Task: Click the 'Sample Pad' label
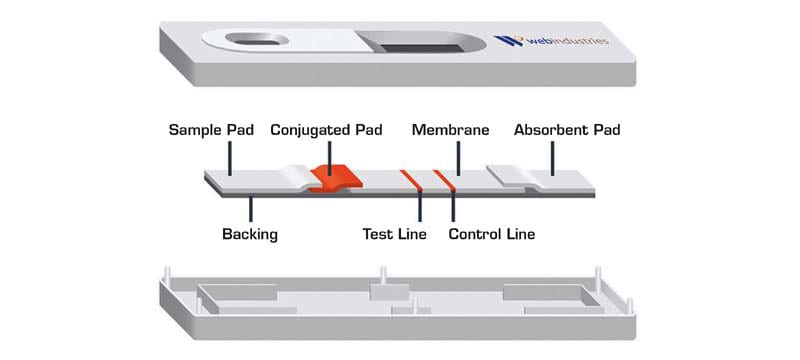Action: click(211, 130)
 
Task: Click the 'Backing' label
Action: click(249, 235)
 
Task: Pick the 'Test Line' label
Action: click(394, 235)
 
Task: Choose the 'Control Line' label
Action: click(492, 235)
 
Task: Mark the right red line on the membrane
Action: click(441, 181)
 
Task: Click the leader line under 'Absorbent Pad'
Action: click(550, 158)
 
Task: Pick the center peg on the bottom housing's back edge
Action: click(384, 275)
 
